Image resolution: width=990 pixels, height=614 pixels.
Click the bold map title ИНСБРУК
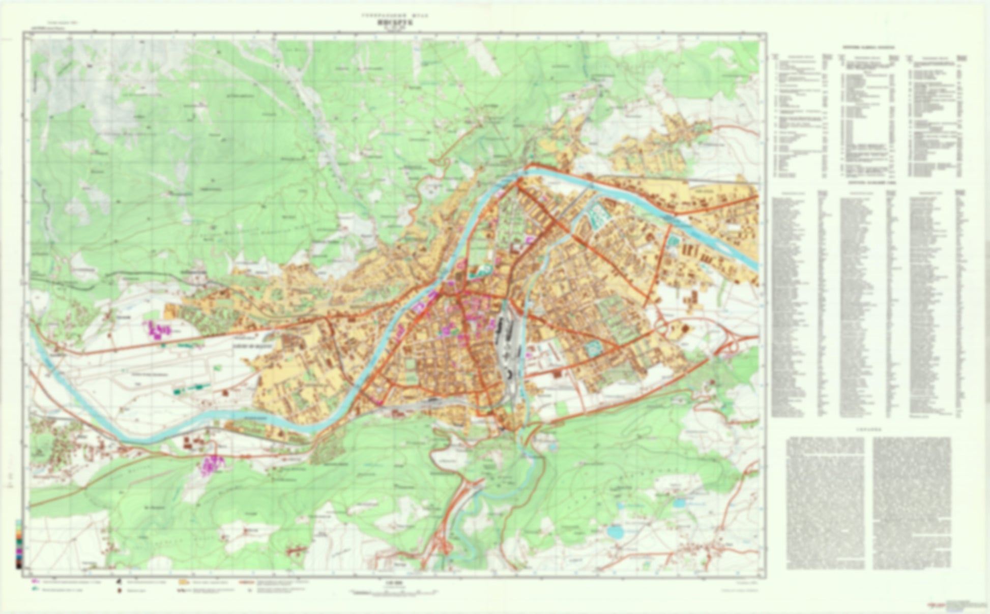point(395,23)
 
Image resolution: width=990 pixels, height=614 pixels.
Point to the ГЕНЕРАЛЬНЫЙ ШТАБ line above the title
point(395,16)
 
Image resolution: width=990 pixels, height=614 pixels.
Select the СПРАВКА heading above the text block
point(868,430)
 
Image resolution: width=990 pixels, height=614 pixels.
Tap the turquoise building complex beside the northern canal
point(599,219)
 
